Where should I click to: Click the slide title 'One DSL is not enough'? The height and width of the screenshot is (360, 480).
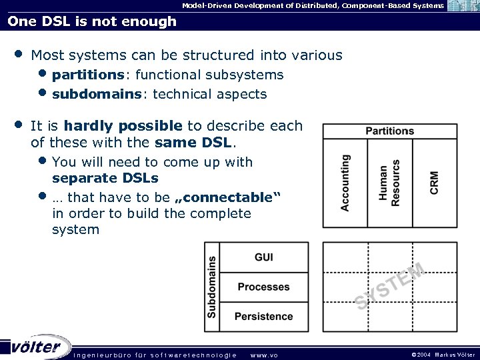coord(92,21)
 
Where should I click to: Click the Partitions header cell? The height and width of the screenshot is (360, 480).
coord(390,131)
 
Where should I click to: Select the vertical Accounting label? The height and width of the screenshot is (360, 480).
coord(345,183)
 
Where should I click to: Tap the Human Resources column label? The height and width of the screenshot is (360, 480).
coord(389,183)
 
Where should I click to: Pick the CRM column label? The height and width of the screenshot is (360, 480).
coord(435,183)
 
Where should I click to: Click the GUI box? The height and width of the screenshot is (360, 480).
coord(263,257)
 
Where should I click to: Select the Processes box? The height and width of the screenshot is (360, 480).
coord(263,287)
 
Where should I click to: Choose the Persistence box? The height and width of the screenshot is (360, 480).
coord(263,316)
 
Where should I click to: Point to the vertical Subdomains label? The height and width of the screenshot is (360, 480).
coord(212,287)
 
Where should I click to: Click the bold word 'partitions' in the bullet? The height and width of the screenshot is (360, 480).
coord(87,75)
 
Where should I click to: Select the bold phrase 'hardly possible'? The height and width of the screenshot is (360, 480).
coord(123,125)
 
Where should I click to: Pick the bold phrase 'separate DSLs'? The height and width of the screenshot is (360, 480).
coord(105,178)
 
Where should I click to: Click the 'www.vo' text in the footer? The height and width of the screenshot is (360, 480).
coord(264,355)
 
